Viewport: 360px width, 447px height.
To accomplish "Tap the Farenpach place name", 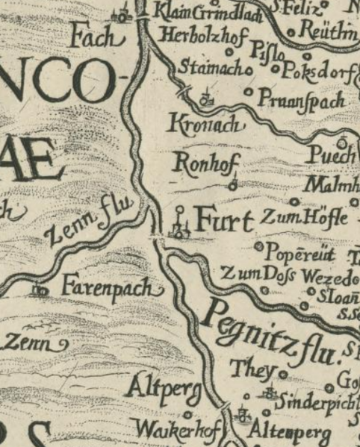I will pyautogui.click(x=111, y=287).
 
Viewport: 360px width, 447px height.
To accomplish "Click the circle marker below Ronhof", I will pyautogui.click(x=232, y=183).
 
